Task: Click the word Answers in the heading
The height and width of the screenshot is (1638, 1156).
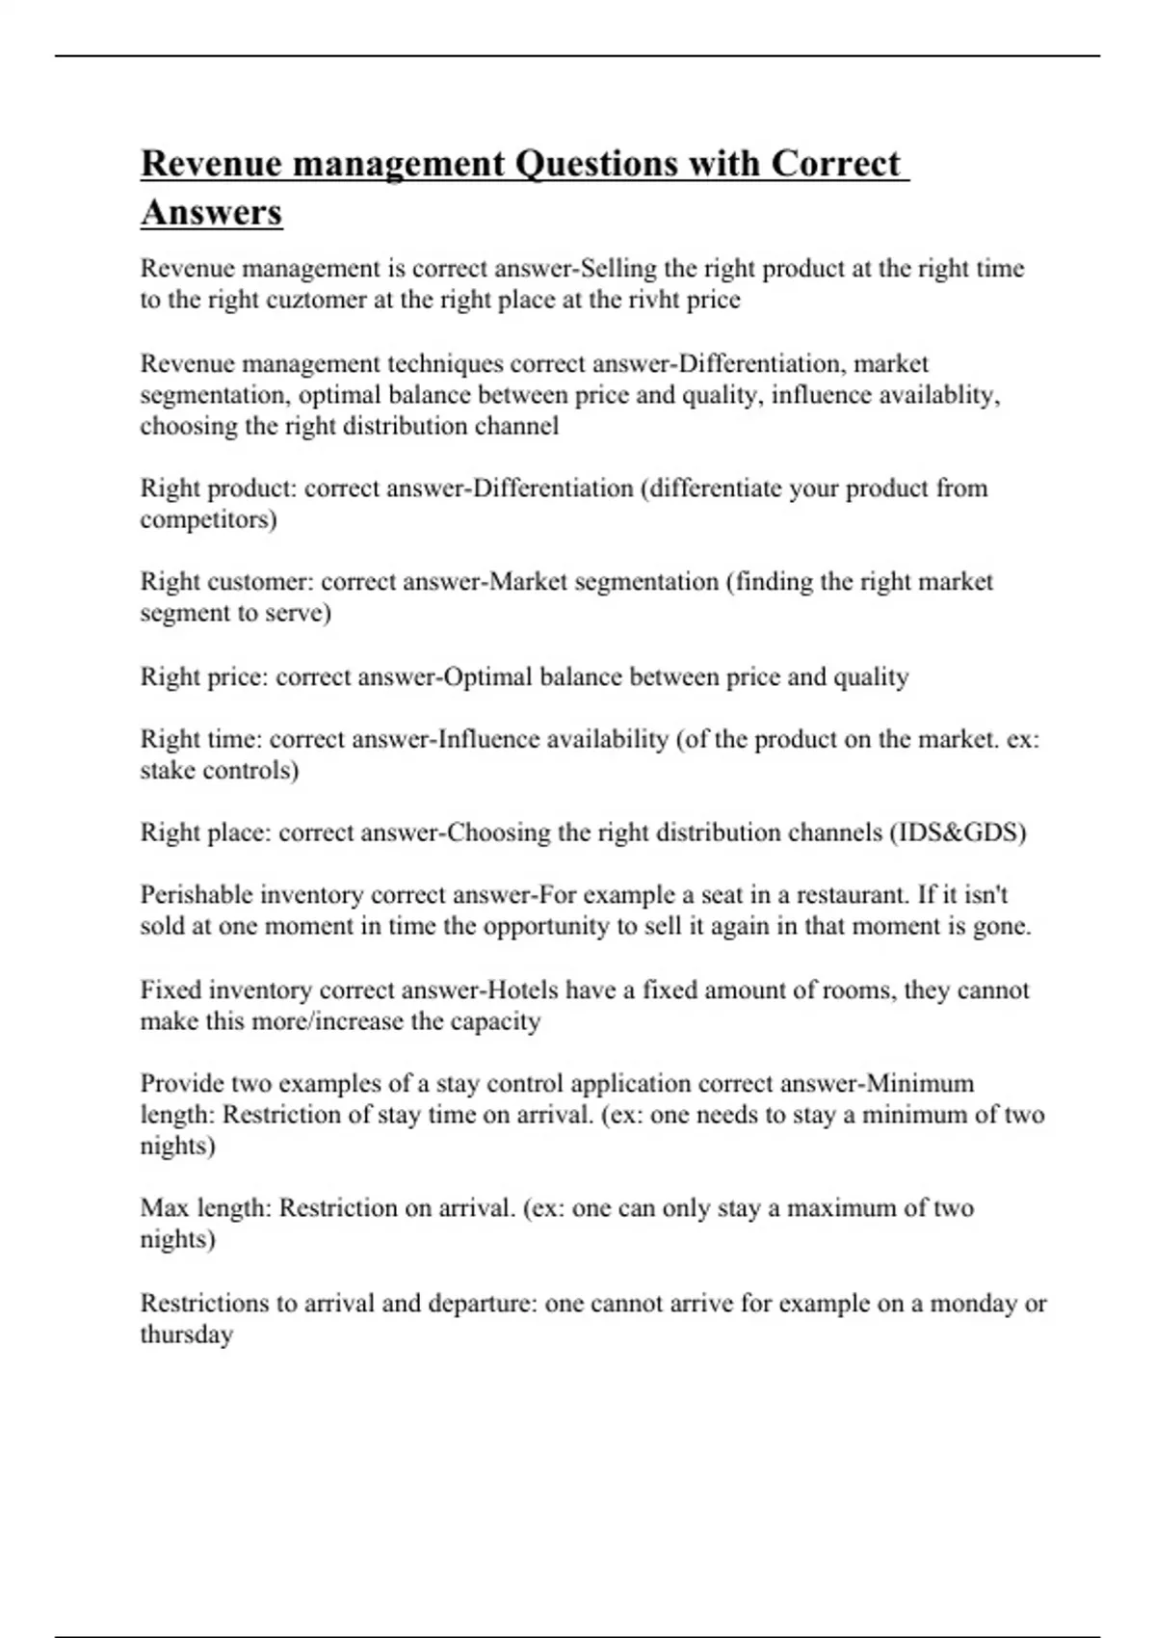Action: tap(211, 212)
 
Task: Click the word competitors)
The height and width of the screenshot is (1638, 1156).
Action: tap(208, 519)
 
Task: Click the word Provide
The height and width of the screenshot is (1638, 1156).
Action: tap(182, 1084)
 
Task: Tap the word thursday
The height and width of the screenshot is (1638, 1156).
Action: tap(186, 1335)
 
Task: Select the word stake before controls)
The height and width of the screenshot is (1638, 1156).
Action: tap(168, 771)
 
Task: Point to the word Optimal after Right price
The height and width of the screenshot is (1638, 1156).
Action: tap(488, 677)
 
